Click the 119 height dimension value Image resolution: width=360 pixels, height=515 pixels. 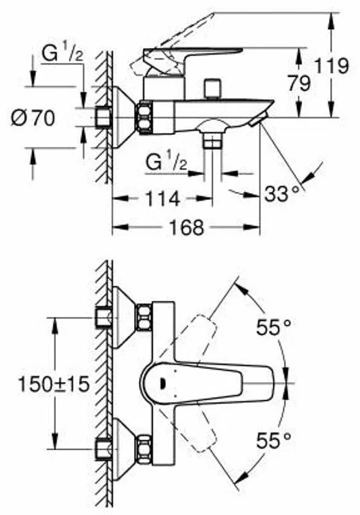click(332, 66)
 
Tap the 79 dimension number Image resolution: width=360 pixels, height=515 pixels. click(299, 83)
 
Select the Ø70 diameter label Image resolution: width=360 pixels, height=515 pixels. click(32, 118)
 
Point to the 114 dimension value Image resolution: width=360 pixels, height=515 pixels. click(163, 199)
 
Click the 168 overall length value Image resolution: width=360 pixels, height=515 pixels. click(187, 227)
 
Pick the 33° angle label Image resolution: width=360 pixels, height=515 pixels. click(282, 194)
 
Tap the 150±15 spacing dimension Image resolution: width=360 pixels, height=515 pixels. click(54, 384)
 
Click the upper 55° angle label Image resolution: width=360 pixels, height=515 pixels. click(274, 327)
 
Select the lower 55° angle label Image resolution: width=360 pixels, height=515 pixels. click(274, 440)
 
